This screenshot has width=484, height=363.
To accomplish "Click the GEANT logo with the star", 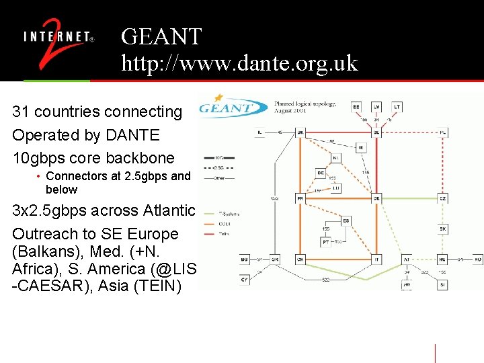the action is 227,106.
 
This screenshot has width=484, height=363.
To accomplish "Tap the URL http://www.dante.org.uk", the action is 239,63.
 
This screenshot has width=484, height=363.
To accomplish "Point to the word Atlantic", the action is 169,211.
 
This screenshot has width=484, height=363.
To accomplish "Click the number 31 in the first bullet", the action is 21,112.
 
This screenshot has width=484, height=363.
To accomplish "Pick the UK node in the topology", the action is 300,133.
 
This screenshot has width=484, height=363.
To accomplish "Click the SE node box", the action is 376,133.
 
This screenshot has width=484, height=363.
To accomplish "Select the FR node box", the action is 300,198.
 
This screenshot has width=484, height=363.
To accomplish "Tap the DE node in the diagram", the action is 376,198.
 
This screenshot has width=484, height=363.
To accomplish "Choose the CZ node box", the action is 443,198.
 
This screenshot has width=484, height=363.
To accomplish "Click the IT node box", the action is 376,259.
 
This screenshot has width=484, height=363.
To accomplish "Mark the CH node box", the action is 300,259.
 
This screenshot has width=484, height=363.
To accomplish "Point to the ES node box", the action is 346,220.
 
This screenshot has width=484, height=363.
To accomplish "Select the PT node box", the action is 326,241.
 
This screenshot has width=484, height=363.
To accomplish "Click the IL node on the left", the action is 259,132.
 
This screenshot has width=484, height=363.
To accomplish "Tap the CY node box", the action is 245,279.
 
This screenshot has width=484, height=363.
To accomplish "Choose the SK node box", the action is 443,229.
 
